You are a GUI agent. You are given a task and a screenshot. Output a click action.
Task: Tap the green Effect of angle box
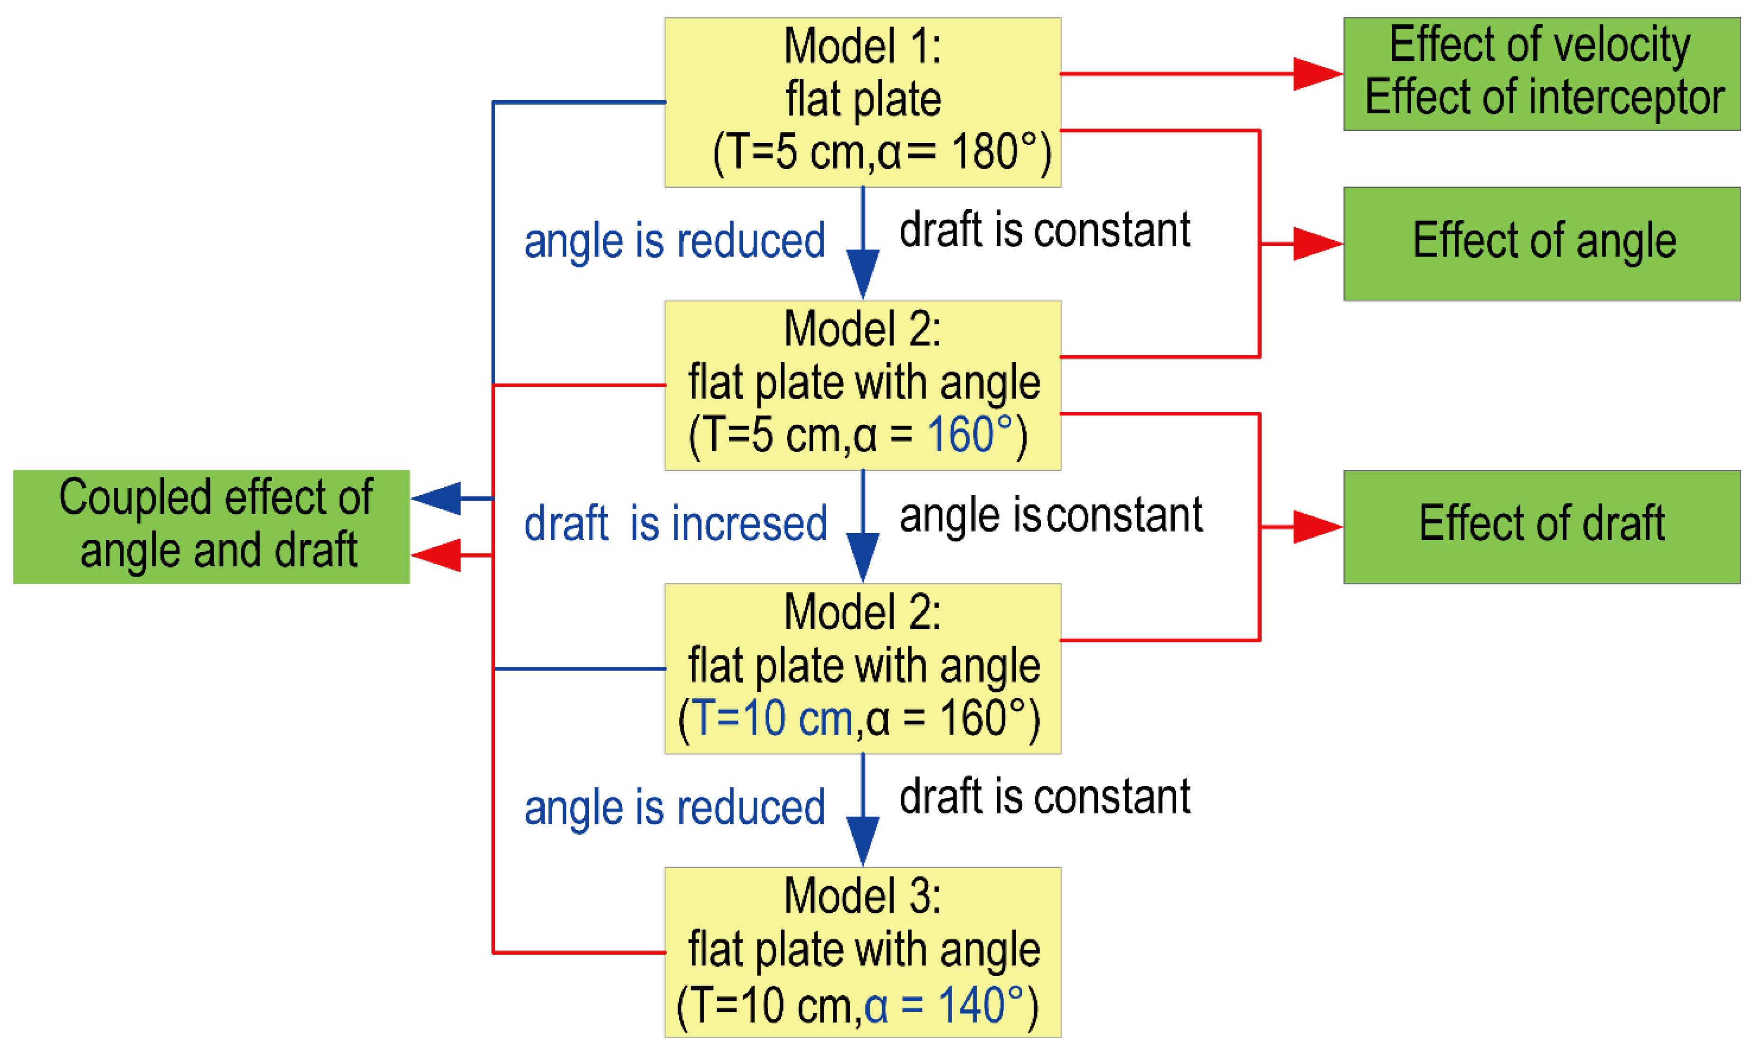click(x=1541, y=243)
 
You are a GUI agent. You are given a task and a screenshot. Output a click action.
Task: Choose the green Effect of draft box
click(x=1541, y=526)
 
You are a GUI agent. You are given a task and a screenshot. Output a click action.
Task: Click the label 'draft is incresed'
click(x=675, y=523)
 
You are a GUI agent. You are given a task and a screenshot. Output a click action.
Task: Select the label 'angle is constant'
click(x=1050, y=515)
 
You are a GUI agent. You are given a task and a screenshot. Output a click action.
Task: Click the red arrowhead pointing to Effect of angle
click(x=1316, y=243)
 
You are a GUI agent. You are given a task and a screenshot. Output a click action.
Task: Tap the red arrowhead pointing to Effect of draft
click(x=1316, y=527)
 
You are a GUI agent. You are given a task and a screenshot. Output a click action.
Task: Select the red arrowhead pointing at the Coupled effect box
click(x=436, y=555)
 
